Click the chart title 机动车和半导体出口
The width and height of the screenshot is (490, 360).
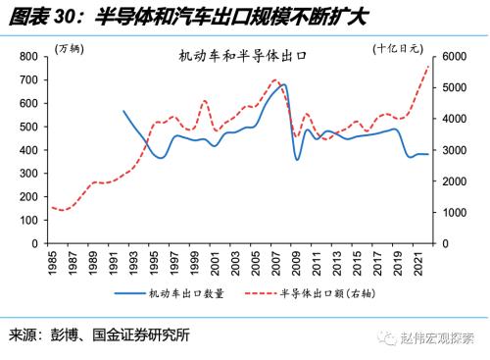(243, 57)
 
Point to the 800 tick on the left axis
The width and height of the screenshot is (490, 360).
(30, 58)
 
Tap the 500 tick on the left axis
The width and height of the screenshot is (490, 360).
(30, 128)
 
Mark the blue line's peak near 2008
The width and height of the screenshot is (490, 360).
(285, 84)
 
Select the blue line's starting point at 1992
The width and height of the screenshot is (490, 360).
(123, 111)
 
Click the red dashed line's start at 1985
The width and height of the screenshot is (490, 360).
(52, 207)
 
